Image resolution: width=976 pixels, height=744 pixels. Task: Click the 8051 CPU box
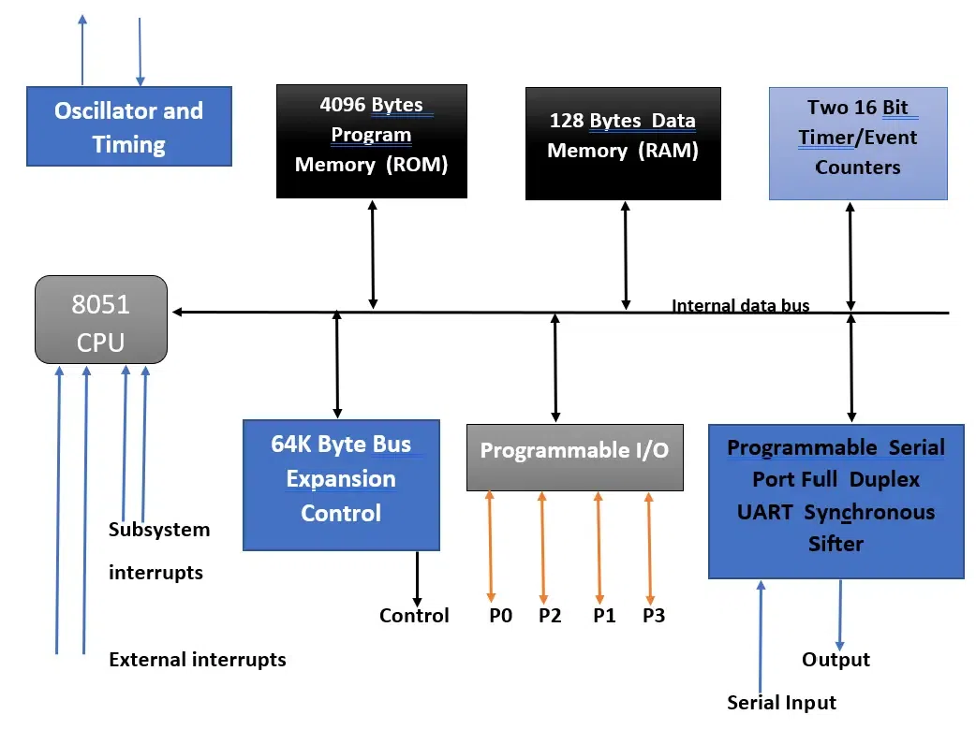101,320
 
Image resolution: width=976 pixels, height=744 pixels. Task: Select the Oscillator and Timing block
128,127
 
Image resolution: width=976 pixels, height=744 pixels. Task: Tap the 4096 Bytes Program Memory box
371,140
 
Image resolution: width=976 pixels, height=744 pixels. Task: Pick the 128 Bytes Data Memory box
623,144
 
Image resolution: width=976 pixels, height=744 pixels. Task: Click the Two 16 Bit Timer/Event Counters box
857,144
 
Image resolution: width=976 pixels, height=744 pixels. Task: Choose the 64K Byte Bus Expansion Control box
341,484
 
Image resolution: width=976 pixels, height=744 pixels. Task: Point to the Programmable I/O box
573,457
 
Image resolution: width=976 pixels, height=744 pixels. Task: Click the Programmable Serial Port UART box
836,502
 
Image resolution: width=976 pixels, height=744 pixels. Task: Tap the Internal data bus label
740,305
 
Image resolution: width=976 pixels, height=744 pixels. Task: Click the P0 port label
500,616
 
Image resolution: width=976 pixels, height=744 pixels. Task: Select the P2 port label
550,616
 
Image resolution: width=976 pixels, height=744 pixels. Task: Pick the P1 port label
605,616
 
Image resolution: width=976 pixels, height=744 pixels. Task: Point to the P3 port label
654,616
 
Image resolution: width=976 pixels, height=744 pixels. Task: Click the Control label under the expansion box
414,616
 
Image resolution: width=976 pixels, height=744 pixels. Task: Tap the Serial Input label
781,703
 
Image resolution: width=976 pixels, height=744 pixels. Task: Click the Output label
836,660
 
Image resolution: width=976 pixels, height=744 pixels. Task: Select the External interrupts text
197,660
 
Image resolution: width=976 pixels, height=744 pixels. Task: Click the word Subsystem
159,530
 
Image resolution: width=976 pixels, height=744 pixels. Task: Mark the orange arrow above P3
648,547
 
